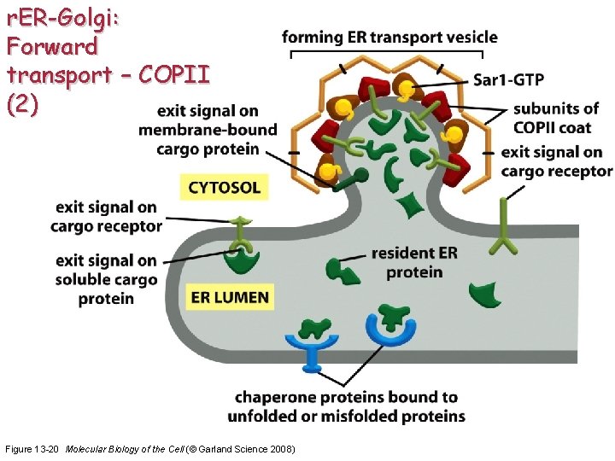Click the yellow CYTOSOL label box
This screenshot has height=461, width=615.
pos(224,187)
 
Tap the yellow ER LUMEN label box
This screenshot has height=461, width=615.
pos(230,298)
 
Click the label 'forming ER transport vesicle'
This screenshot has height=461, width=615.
pos(389,37)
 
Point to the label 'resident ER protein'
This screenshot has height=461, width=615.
pos(414,263)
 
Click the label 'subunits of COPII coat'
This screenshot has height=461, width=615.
pos(555,118)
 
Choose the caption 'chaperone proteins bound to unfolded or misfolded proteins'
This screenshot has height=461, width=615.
pos(346,406)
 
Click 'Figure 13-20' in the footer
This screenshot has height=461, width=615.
pos(32,449)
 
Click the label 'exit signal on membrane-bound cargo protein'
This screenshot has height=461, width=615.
pos(209,131)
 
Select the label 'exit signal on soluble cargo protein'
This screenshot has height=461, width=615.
pos(105,279)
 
